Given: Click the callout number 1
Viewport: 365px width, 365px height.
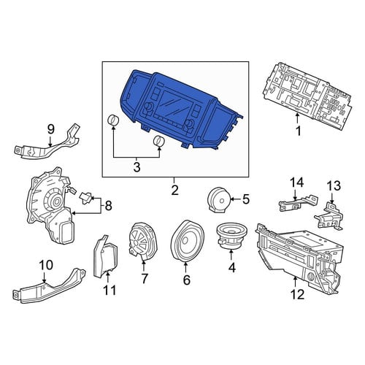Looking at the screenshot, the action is (298, 131).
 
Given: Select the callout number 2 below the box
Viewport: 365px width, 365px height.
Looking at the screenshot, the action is (174, 191).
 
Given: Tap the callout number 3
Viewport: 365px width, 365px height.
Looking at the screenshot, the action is (137, 167).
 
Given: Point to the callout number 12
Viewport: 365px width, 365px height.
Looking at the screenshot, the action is (297, 295).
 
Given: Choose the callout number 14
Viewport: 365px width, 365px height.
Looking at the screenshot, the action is (296, 182).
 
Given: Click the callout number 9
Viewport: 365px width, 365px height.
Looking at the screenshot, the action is (50, 129).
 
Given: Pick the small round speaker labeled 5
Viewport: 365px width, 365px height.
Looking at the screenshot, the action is (219, 200).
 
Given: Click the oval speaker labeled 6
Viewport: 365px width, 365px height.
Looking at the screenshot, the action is (187, 241).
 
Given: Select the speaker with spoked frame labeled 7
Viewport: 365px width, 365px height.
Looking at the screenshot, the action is (143, 241).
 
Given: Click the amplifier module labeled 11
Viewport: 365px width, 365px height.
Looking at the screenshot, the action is (105, 256).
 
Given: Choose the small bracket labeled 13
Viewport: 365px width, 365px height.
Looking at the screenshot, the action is (329, 216).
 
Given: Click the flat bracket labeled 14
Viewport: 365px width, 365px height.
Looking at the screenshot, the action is (299, 203).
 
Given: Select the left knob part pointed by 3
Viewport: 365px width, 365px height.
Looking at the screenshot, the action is (113, 120).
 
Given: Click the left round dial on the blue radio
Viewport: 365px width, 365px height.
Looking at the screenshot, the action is (148, 107).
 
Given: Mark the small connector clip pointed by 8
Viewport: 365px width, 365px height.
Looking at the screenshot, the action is (86, 198).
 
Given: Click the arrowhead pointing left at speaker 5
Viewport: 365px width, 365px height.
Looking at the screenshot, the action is (231, 199).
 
